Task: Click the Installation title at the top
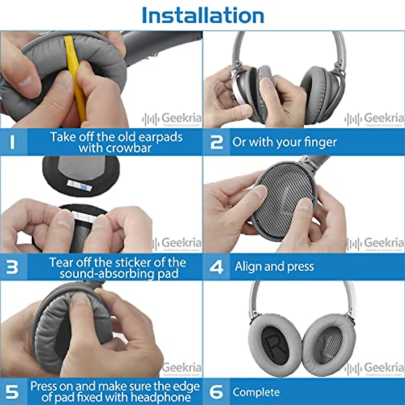click(x=202, y=15)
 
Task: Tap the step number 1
click(x=12, y=142)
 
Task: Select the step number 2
click(x=216, y=142)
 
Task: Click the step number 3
click(x=12, y=267)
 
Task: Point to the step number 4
click(x=216, y=267)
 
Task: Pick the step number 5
click(x=12, y=392)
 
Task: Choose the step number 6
click(x=216, y=392)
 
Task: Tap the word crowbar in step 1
click(x=129, y=148)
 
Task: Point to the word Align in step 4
click(x=248, y=267)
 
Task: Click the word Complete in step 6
click(x=256, y=392)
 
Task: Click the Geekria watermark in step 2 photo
click(x=383, y=118)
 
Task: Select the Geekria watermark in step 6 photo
click(x=383, y=367)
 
